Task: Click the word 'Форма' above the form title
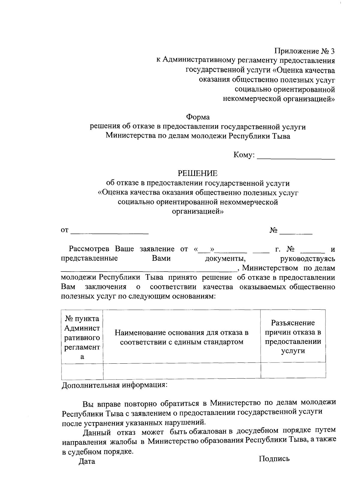pos(198,117)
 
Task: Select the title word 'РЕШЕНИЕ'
pos(198,173)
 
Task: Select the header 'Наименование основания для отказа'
pos(181,337)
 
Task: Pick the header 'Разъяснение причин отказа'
pos(293,337)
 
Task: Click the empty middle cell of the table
pos(181,370)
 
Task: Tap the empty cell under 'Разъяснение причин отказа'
pos(293,370)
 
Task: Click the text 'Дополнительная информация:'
pos(114,385)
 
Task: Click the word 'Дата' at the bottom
pos(87,461)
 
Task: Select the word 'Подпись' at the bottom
pos(274,458)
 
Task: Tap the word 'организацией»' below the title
pos(198,212)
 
